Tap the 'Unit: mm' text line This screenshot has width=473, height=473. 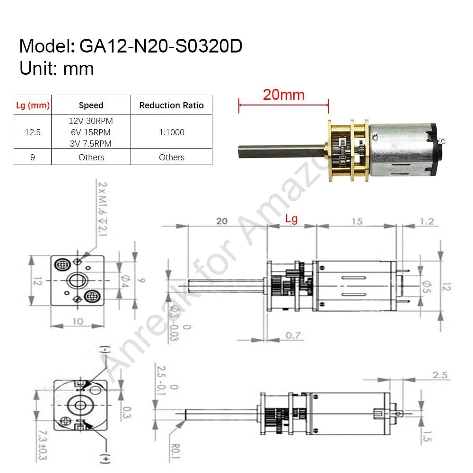point(57,69)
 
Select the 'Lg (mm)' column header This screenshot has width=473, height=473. point(33,105)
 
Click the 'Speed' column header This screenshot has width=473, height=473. point(91,105)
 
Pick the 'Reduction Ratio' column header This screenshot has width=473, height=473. point(171,105)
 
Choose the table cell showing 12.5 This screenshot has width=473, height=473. point(33,132)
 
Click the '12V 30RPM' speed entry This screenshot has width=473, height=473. point(91,121)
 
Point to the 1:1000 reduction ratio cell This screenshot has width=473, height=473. point(171,132)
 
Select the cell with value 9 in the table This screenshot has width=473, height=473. point(33,157)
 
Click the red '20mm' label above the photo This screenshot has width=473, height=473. point(283,95)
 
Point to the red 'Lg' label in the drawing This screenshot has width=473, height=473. point(291,219)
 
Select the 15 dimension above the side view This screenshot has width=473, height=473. point(357,221)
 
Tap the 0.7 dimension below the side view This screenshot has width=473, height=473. point(293,336)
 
